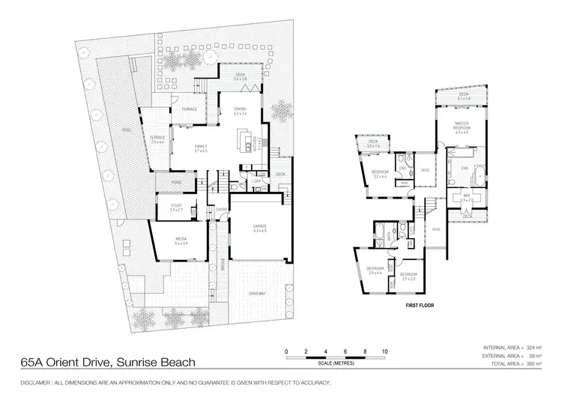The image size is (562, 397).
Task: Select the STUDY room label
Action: tap(177, 206)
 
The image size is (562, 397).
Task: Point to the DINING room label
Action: tap(240, 110)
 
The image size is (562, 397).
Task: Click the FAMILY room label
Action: tap(200, 147)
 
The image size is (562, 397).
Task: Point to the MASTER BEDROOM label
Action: tap(462, 127)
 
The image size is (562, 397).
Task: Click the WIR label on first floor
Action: tap(465, 198)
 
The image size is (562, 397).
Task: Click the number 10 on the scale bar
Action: tap(384, 351)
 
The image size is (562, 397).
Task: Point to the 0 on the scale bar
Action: tap(287, 351)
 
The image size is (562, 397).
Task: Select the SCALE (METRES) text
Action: tap(335, 364)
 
